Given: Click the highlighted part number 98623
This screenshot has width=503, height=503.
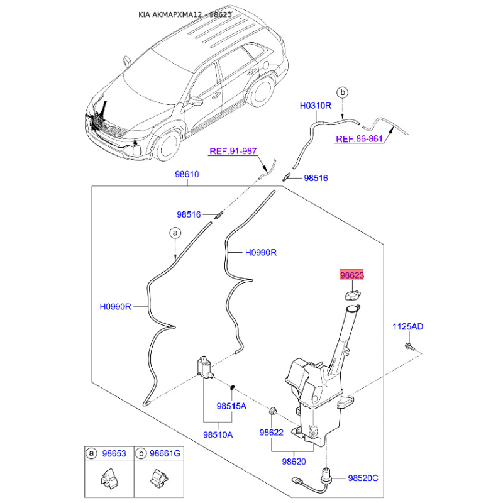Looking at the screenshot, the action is pyautogui.click(x=351, y=275).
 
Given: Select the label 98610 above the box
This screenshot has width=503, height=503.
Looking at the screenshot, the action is pyautogui.click(x=187, y=174).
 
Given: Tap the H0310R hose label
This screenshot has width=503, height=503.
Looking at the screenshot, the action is pyautogui.click(x=316, y=106).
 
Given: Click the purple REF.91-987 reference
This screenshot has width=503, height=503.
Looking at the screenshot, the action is pyautogui.click(x=233, y=151).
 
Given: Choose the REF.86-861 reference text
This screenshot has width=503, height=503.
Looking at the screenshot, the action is pyautogui.click(x=359, y=139).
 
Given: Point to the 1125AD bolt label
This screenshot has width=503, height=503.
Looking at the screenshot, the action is pyautogui.click(x=407, y=326).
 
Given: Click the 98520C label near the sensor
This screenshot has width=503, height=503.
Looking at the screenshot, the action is pyautogui.click(x=363, y=478).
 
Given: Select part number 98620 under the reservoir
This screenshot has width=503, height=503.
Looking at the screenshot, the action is pyautogui.click(x=294, y=462).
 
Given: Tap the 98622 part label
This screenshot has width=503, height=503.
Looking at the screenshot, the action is pyautogui.click(x=272, y=433).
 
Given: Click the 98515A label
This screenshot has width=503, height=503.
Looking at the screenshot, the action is pyautogui.click(x=231, y=406).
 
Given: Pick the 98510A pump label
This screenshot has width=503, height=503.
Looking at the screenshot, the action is pyautogui.click(x=218, y=434).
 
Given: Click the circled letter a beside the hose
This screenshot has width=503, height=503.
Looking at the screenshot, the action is pyautogui.click(x=175, y=233).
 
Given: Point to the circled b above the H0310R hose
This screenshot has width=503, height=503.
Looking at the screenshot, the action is pyautogui.click(x=343, y=92).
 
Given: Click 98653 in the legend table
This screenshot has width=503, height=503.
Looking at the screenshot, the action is pyautogui.click(x=114, y=453).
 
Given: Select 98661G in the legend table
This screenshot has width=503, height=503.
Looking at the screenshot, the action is pyautogui.click(x=165, y=453).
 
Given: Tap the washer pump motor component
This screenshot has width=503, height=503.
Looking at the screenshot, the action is pyautogui.click(x=205, y=367).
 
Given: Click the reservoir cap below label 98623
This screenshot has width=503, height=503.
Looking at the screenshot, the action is pyautogui.click(x=353, y=296).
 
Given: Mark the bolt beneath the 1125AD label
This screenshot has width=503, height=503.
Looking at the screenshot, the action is pyautogui.click(x=410, y=346).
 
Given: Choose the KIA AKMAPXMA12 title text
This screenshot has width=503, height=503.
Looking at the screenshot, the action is pyautogui.click(x=170, y=14).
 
